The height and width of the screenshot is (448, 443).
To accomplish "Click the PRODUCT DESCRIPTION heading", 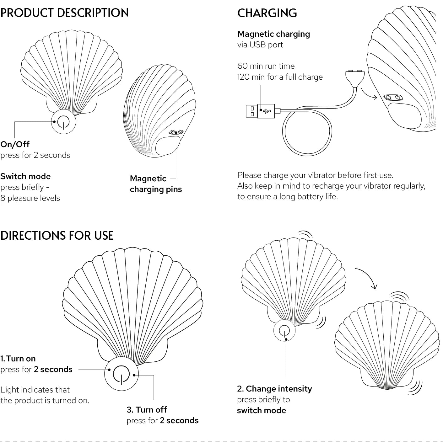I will point(64,13).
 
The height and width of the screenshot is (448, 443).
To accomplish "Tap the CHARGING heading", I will point(267,13).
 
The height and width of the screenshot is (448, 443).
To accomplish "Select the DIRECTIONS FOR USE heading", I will point(57,235).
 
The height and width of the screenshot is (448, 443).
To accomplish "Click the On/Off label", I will point(15,144).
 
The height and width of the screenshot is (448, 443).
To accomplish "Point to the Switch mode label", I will point(25,176).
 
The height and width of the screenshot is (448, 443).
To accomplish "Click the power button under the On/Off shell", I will point(63,122).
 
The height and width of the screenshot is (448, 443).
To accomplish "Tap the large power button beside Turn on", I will point(121,374).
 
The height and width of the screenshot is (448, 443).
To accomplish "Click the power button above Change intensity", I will point(284,330).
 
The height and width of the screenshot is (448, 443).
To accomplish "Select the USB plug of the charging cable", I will point(260,111).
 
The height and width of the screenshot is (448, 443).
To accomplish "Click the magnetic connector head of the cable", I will point(355,76).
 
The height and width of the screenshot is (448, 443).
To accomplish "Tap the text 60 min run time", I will point(266,66).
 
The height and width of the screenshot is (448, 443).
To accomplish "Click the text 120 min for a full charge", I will point(280,77).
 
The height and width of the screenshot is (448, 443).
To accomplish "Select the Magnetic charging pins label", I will point(155,184).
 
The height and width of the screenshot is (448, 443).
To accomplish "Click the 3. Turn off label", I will point(147,410).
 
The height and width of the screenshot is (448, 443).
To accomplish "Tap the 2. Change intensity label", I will point(274,389).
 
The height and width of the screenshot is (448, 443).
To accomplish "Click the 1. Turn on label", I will point(18,359).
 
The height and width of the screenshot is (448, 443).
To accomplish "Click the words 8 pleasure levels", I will point(30,198).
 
